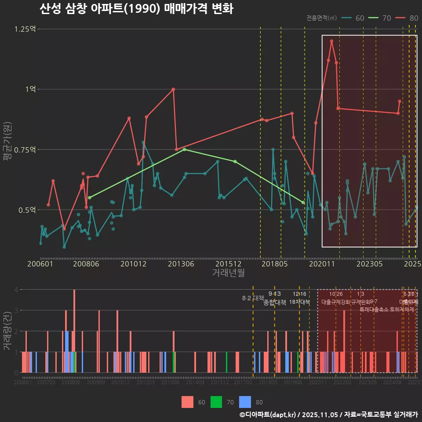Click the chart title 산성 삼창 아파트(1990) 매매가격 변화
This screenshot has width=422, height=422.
[x=136, y=9]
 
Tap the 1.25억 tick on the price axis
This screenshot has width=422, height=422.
[x=25, y=29]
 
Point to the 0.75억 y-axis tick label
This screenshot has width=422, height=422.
[x=25, y=150]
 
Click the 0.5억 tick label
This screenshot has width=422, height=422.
[x=27, y=210]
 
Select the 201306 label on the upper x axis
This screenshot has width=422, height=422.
[x=178, y=264]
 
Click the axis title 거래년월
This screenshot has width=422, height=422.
[x=228, y=273]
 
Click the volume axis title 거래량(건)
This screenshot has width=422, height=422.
[x=7, y=331]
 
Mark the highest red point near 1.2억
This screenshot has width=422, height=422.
[x=331, y=41]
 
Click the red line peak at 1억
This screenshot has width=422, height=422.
[x=173, y=89]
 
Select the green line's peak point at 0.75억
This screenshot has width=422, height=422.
[x=184, y=149]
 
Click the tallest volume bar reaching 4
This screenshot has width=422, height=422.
[x=74, y=331]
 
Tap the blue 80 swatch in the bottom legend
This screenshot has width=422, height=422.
[x=245, y=402]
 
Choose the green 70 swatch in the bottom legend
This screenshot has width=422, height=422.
[x=216, y=402]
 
